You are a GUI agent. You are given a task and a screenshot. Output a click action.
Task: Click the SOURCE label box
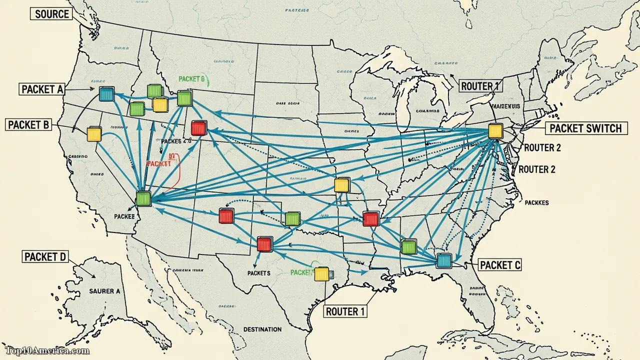52,14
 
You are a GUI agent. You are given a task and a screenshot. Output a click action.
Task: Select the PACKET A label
42,89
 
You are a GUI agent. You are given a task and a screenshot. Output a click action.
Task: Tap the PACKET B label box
28,124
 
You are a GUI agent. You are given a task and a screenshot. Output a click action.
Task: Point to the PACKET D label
45,257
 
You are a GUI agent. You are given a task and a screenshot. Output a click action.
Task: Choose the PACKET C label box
499,265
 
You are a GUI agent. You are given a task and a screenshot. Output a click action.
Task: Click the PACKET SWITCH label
585,128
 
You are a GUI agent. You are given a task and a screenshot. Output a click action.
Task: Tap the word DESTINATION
262,329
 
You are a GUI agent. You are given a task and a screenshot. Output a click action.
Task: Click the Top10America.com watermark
47,351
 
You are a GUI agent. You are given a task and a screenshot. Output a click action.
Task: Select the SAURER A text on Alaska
104,290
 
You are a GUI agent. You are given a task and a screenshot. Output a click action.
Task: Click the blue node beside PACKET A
106,93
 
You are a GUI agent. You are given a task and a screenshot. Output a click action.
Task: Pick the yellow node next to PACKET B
94,134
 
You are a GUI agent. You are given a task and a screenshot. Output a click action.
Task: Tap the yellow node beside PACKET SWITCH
494,131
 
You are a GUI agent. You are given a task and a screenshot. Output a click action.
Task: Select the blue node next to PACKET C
443,260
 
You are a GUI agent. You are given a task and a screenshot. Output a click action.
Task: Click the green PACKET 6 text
191,79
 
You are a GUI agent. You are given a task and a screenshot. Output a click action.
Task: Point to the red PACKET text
159,163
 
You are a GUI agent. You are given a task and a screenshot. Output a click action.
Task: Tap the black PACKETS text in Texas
258,273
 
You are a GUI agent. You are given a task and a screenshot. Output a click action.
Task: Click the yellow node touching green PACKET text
321,273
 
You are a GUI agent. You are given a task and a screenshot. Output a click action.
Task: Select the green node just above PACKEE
143,198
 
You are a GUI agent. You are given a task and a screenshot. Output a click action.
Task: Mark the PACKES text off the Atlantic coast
536,202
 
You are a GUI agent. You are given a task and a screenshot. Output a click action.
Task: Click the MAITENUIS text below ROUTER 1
506,106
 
